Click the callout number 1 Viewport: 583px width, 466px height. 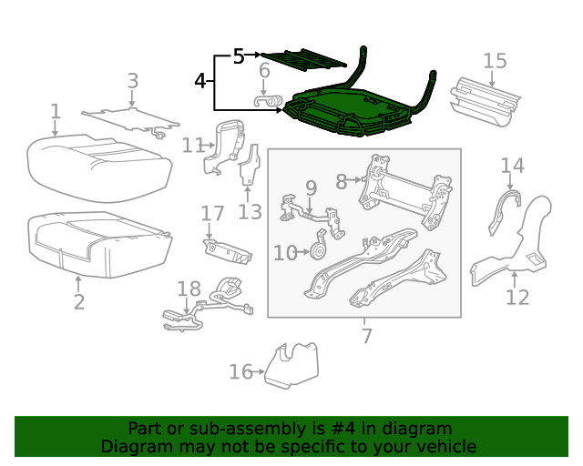click(x=56, y=112)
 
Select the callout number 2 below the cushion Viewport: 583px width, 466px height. click(x=78, y=302)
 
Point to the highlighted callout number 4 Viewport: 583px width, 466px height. click(x=200, y=82)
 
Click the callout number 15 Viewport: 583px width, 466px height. click(x=495, y=61)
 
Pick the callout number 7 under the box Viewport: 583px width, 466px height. click(x=366, y=336)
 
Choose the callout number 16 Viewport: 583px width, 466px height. click(x=240, y=370)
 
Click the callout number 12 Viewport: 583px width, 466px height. click(x=517, y=297)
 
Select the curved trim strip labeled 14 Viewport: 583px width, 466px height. click(x=504, y=210)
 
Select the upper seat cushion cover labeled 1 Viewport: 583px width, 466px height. click(x=100, y=159)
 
